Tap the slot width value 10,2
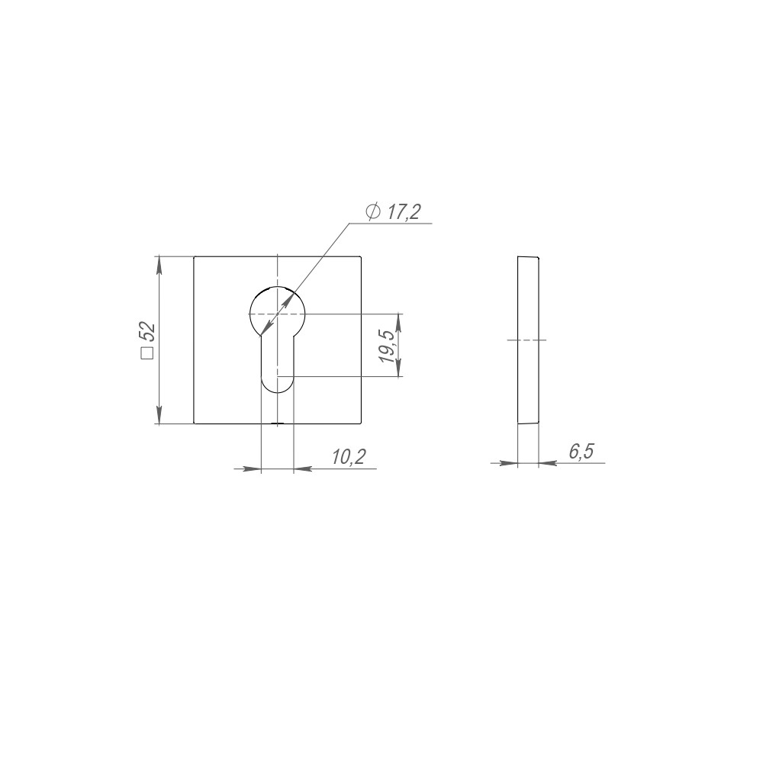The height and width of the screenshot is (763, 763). (349, 457)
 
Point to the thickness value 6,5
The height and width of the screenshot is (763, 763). (581, 452)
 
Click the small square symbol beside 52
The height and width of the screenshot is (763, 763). (147, 353)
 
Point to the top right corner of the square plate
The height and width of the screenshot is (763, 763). (361, 256)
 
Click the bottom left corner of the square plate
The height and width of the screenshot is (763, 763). (194, 423)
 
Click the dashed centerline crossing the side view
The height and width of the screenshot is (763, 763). (527, 340)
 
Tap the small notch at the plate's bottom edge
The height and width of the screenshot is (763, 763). (278, 423)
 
